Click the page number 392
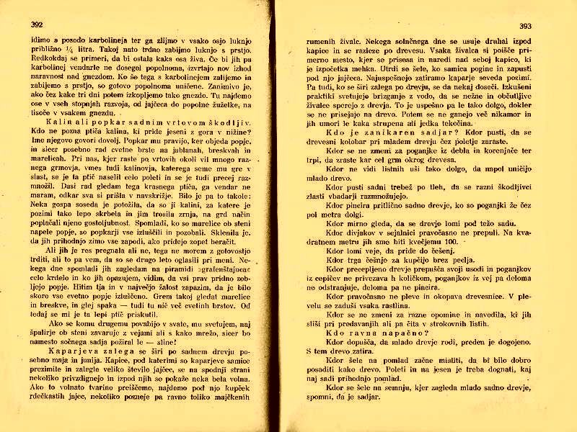37,24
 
